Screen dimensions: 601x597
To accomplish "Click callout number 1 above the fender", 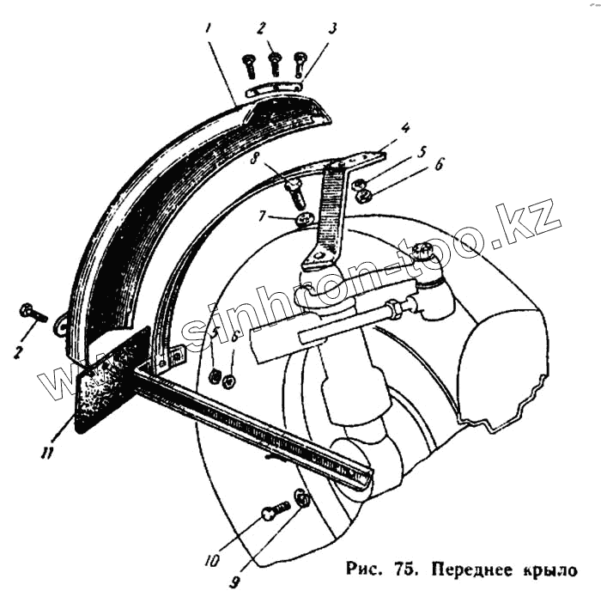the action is click(x=209, y=27).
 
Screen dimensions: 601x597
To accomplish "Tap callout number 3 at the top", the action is click(x=332, y=27).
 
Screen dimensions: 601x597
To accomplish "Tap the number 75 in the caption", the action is click(x=404, y=569).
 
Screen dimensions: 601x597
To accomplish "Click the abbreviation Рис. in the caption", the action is click(x=366, y=569).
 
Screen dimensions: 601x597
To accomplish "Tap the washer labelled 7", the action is click(x=303, y=221).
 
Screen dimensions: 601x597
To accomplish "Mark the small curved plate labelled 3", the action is click(x=275, y=88).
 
